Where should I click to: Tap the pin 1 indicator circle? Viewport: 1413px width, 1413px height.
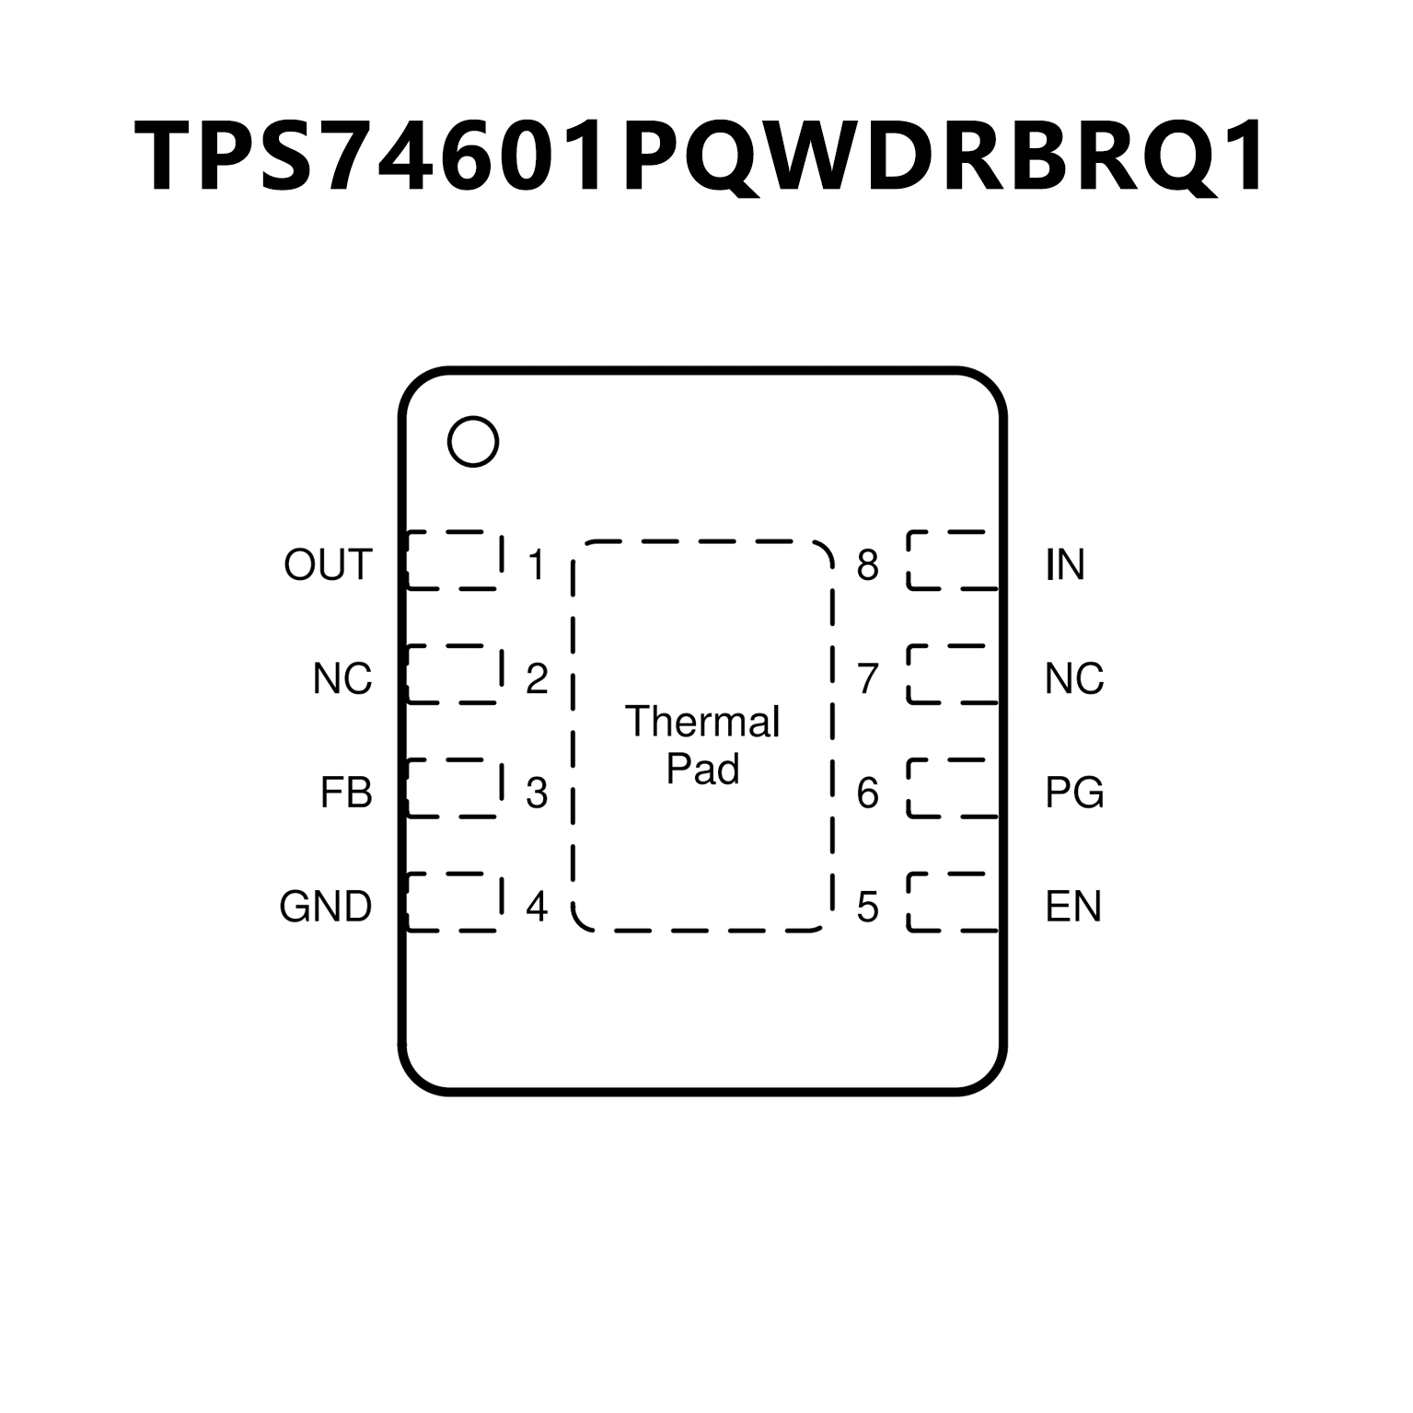473,442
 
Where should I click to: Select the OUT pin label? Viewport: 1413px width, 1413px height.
328,564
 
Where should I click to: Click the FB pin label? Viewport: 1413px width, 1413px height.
346,793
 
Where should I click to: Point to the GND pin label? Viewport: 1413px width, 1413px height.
326,907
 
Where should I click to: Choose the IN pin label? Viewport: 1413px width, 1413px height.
1065,564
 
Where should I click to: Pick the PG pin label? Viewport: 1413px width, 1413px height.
1074,793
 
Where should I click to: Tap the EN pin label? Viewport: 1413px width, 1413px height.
1073,907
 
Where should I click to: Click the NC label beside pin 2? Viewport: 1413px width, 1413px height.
342,678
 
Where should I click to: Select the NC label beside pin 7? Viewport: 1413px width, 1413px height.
1074,678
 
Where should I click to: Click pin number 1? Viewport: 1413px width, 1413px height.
537,564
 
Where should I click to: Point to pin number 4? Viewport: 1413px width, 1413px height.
537,907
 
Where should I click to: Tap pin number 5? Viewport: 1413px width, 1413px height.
867,907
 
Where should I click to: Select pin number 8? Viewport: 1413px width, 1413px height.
867,564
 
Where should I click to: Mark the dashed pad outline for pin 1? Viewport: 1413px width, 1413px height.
455,560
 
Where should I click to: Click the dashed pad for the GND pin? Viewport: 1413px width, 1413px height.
455,902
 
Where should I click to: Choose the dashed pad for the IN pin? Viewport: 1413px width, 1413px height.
953,560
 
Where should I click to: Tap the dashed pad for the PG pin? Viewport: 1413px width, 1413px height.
953,788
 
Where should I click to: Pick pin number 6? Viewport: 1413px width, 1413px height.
867,793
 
